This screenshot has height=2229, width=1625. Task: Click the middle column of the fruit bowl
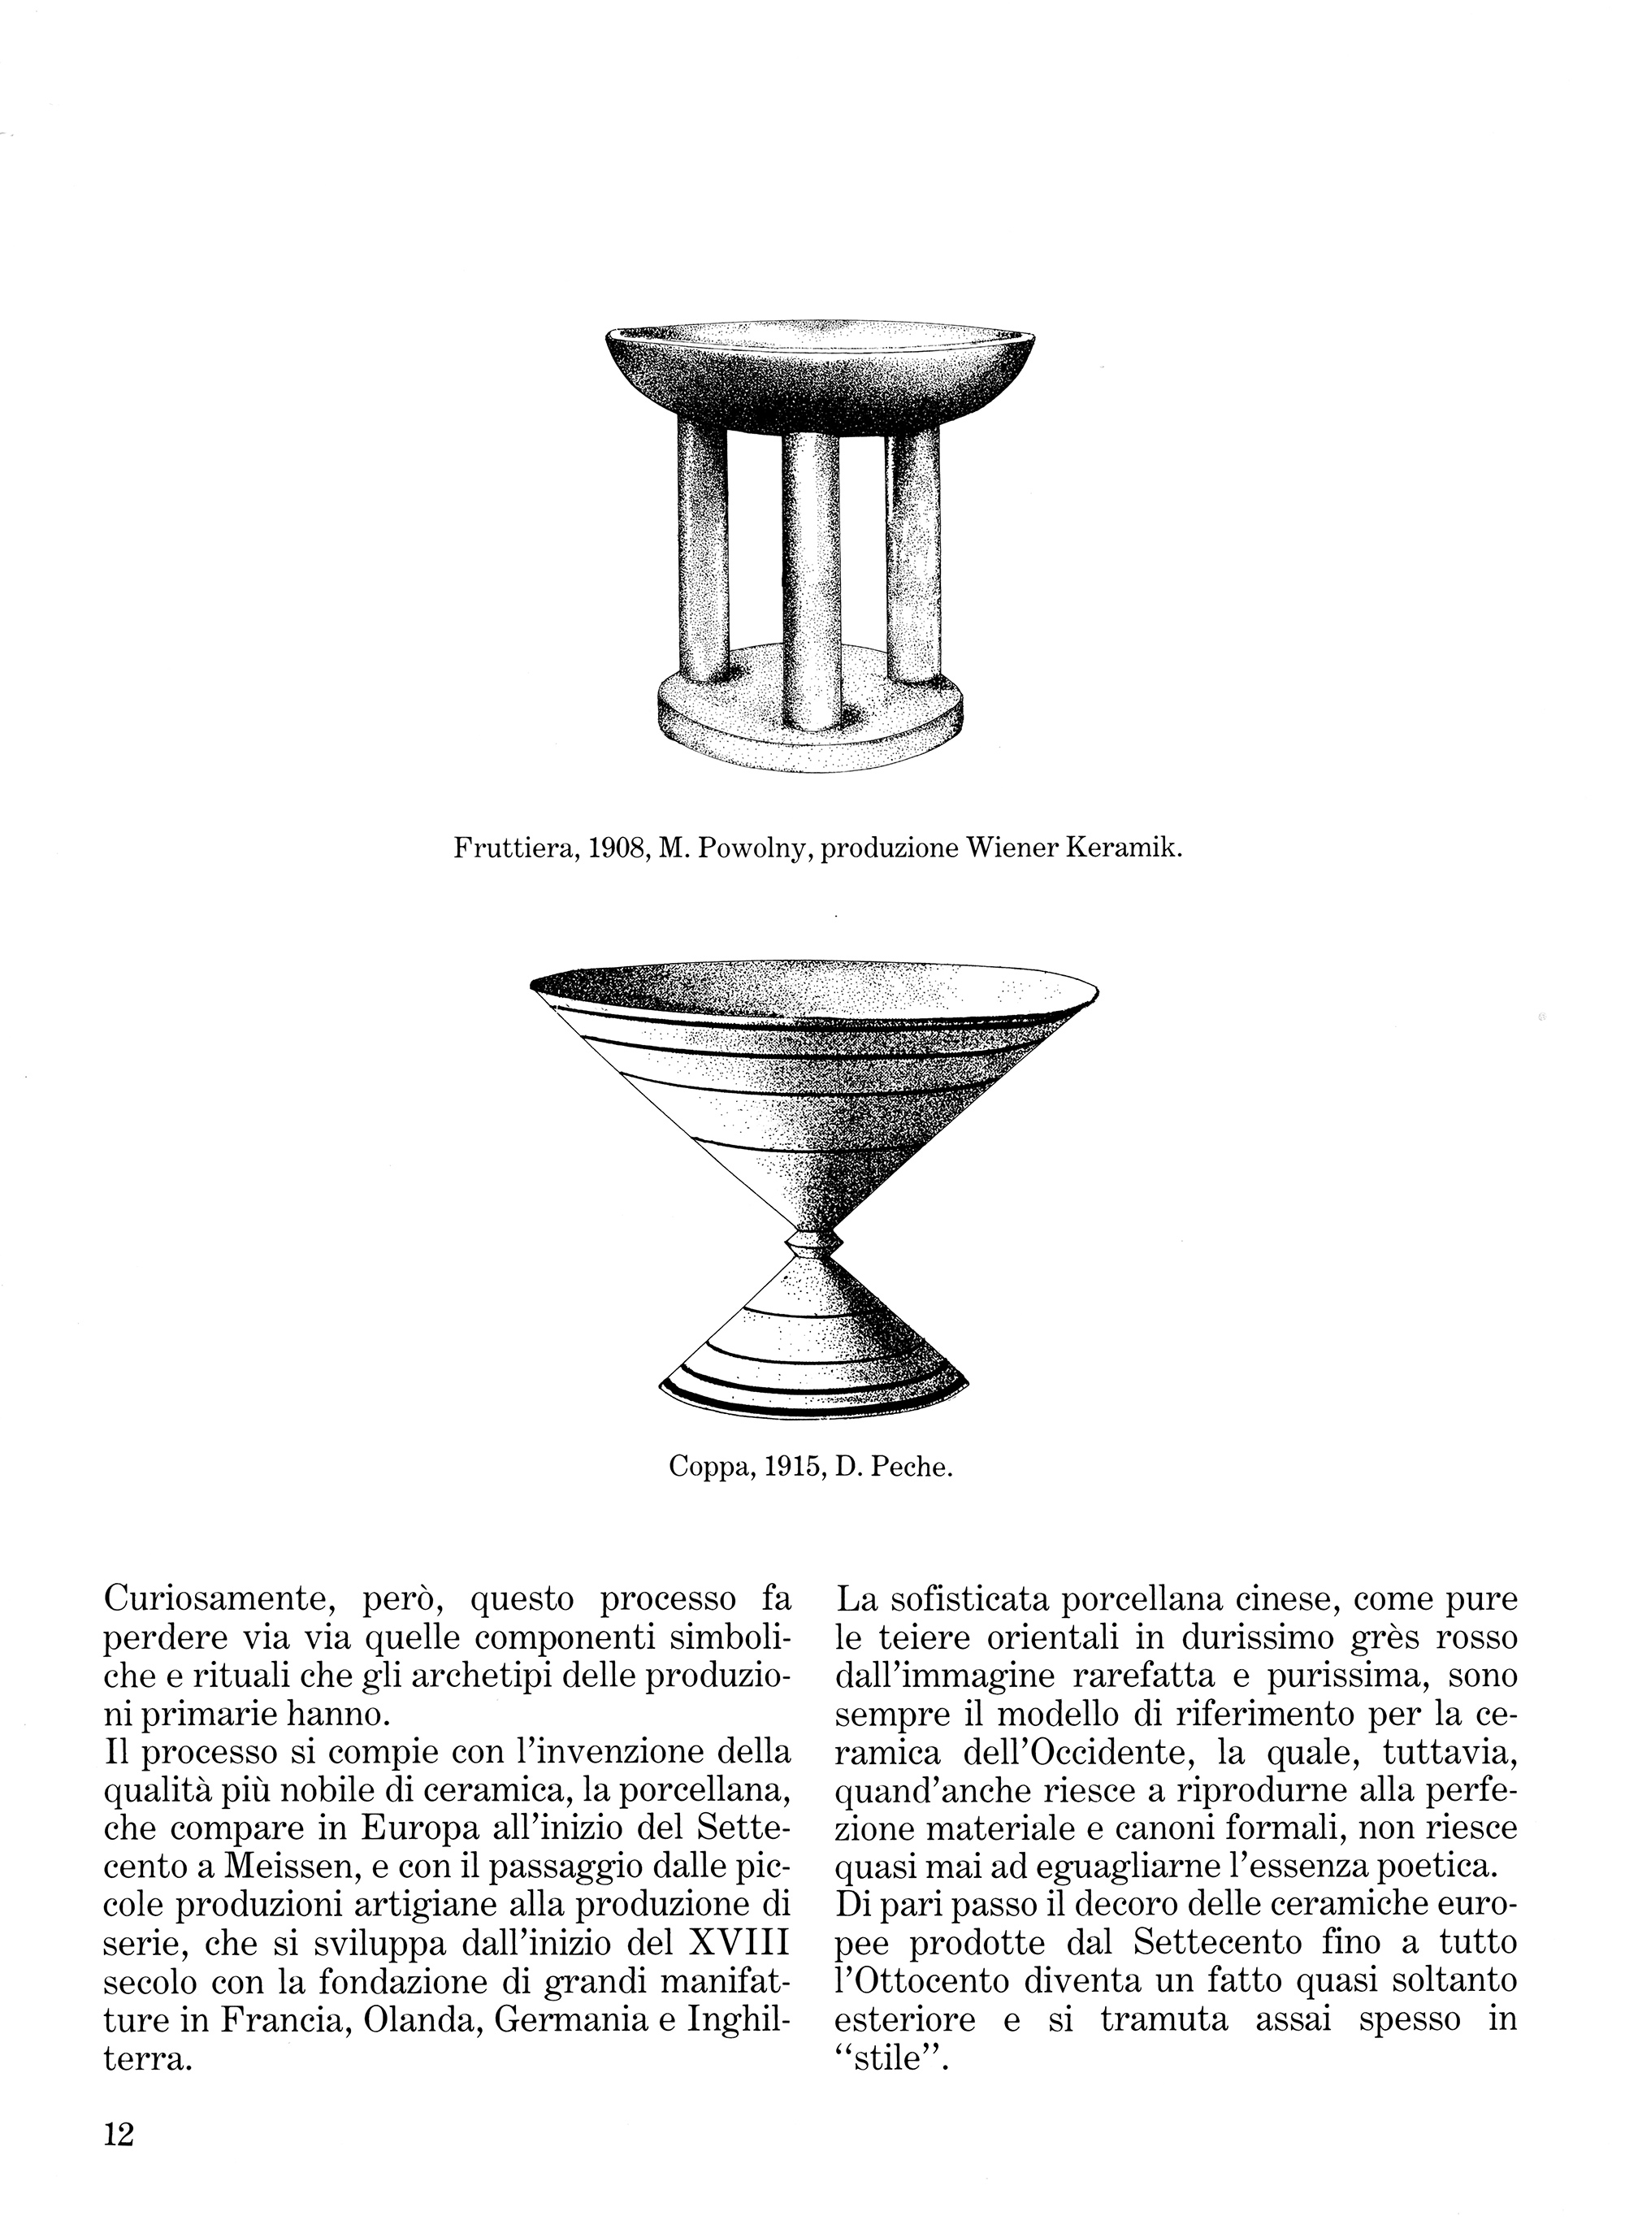812,580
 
